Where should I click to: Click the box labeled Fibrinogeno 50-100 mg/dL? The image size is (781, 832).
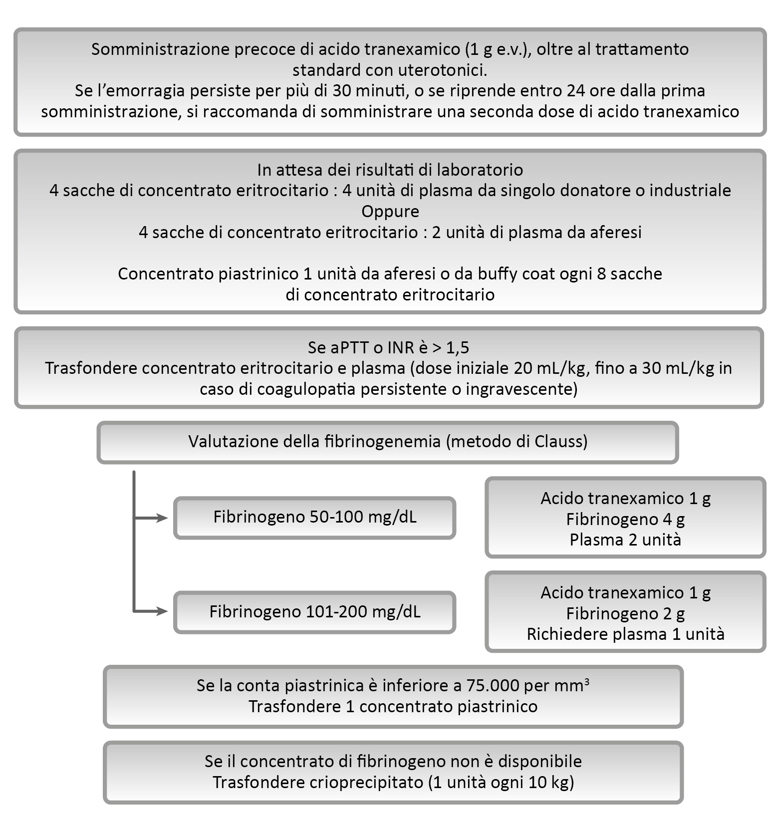pyautogui.click(x=314, y=517)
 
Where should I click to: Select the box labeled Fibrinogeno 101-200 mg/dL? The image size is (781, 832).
pyautogui.click(x=314, y=612)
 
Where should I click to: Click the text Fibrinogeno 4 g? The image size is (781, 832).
pyautogui.click(x=625, y=520)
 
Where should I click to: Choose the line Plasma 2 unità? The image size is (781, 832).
pyautogui.click(x=625, y=540)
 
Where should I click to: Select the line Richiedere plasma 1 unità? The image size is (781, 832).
pyautogui.click(x=625, y=634)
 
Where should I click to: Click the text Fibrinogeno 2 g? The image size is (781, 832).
pyautogui.click(x=625, y=613)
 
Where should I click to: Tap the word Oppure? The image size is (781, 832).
pyautogui.click(x=390, y=212)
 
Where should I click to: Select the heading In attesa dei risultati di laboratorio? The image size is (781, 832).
pyautogui.click(x=390, y=170)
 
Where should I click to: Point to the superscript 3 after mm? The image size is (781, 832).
pyautogui.click(x=586, y=682)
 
